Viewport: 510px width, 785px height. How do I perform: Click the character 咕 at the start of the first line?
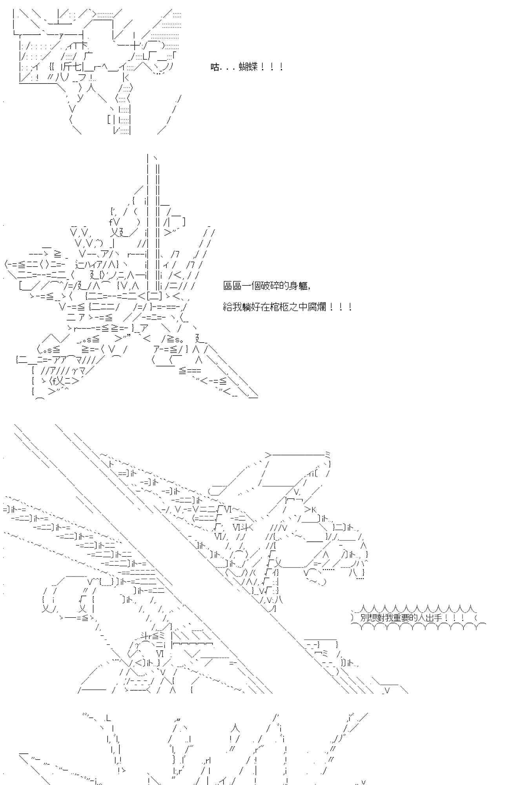[215, 67]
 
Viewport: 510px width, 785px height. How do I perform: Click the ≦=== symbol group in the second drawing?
[190, 370]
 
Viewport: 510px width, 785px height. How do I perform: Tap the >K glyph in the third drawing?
[310, 509]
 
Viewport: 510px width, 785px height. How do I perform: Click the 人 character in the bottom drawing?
[234, 728]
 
